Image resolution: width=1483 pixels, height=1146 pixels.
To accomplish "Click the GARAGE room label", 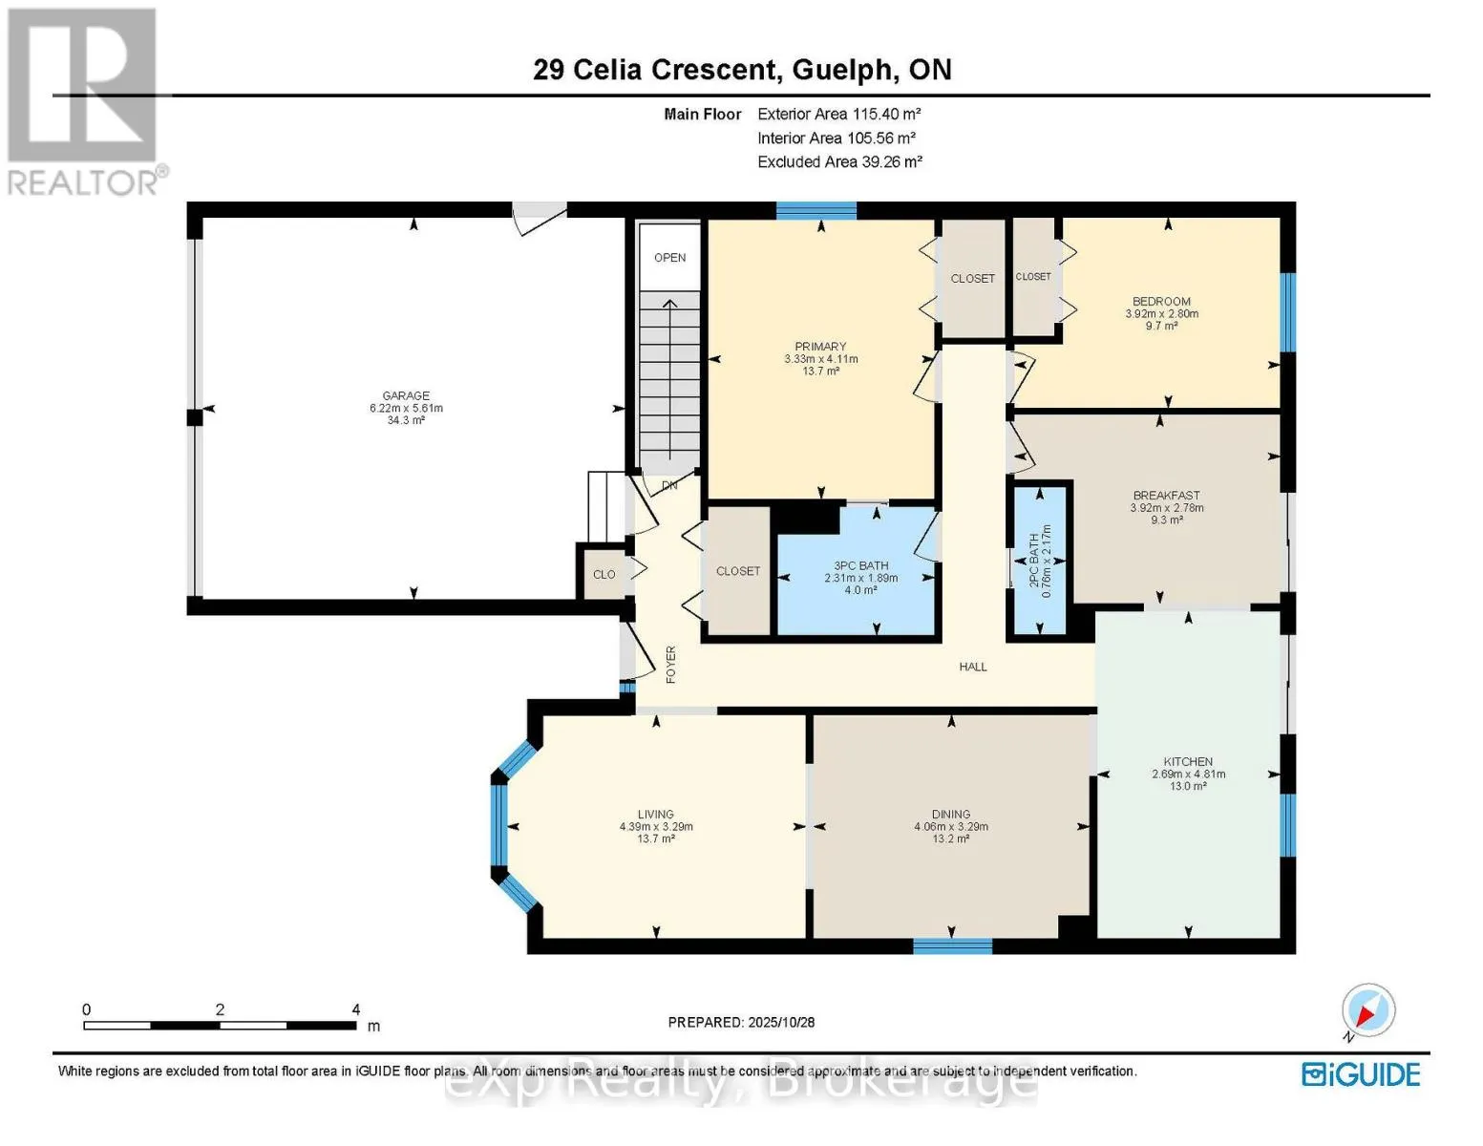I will pyautogui.click(x=406, y=395).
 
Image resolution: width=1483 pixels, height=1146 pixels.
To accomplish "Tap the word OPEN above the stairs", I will pyautogui.click(x=669, y=257).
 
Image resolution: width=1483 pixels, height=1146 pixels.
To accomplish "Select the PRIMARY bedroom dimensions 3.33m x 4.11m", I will pyautogui.click(x=820, y=359).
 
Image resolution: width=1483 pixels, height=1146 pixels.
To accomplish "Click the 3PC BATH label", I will pyautogui.click(x=860, y=565).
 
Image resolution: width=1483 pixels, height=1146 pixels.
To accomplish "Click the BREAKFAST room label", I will pyautogui.click(x=1166, y=495).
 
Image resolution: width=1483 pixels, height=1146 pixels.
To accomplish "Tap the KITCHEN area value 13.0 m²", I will pyautogui.click(x=1188, y=786).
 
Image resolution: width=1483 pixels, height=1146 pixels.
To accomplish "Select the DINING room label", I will pyautogui.click(x=950, y=814).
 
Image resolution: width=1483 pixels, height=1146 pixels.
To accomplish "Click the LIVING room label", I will pyautogui.click(x=656, y=814).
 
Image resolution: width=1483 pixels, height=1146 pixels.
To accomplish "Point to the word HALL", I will pyautogui.click(x=973, y=667).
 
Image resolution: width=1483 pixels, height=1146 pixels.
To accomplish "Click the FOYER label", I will pyautogui.click(x=670, y=664).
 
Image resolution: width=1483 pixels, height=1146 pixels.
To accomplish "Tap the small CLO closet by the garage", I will pyautogui.click(x=604, y=574).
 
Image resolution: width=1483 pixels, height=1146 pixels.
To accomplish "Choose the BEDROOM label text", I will pyautogui.click(x=1161, y=301).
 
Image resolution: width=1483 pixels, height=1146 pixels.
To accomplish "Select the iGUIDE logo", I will pyautogui.click(x=1361, y=1074).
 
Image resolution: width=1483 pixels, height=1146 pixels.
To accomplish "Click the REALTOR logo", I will pyautogui.click(x=84, y=100).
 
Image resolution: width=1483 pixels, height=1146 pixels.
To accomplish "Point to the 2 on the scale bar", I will pyautogui.click(x=220, y=1009).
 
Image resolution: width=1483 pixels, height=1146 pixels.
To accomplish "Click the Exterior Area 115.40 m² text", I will pyautogui.click(x=838, y=114).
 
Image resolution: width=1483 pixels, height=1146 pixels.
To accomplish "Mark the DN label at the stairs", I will pyautogui.click(x=669, y=485).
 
